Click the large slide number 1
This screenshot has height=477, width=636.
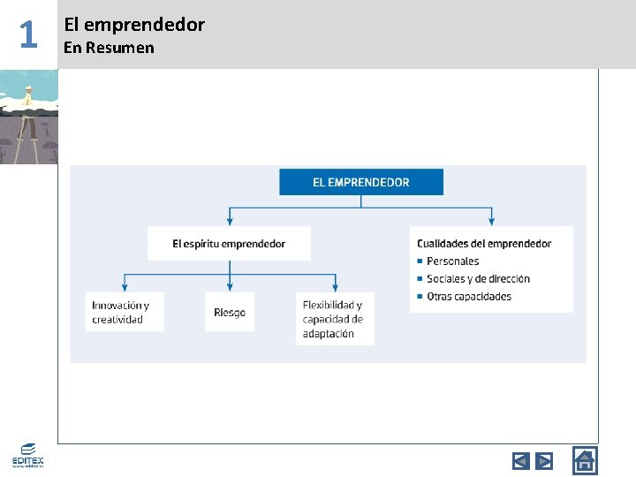click(28, 35)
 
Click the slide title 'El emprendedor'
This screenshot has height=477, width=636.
click(134, 25)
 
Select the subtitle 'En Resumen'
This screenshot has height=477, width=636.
click(109, 48)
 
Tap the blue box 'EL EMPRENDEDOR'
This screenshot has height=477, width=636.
click(361, 182)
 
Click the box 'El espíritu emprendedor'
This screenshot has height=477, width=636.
click(229, 243)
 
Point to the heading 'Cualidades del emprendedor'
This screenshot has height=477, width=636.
click(484, 243)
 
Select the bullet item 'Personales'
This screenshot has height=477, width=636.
click(452, 261)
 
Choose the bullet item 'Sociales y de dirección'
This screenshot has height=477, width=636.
click(478, 278)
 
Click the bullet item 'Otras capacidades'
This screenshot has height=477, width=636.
click(468, 296)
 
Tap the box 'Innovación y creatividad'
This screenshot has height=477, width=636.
click(124, 312)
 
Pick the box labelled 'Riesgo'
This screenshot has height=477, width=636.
click(230, 312)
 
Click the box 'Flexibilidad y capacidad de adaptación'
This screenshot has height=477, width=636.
click(336, 318)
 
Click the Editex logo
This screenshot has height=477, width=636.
click(27, 455)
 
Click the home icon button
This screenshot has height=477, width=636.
click(585, 460)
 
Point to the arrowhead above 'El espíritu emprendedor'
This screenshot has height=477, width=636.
click(230, 221)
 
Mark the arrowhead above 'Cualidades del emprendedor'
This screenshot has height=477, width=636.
click(492, 221)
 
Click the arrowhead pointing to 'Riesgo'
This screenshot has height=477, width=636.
click(230, 287)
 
